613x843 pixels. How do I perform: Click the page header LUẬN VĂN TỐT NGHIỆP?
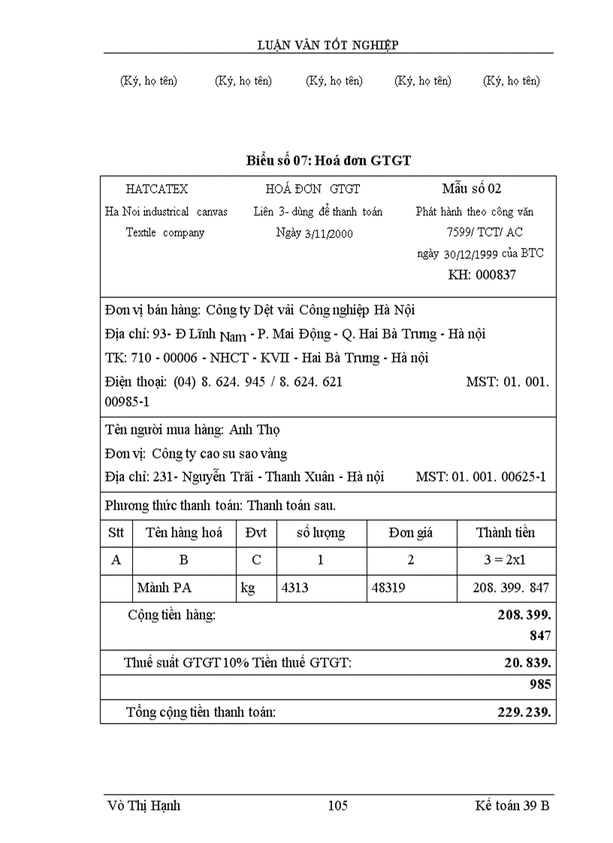click(328, 45)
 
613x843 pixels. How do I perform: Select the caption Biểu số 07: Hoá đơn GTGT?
click(328, 160)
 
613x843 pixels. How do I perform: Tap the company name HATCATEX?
click(157, 189)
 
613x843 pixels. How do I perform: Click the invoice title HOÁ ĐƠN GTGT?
click(313, 189)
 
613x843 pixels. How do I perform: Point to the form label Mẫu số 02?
click(472, 188)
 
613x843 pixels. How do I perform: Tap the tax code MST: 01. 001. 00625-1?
click(481, 477)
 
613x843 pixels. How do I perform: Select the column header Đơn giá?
click(411, 533)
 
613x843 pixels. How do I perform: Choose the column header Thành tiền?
click(506, 533)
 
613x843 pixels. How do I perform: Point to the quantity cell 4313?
click(295, 588)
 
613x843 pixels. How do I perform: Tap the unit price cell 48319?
click(388, 588)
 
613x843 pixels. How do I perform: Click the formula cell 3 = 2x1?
click(506, 560)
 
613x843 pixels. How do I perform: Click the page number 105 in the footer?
click(338, 806)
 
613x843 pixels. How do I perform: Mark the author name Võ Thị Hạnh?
click(144, 806)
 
